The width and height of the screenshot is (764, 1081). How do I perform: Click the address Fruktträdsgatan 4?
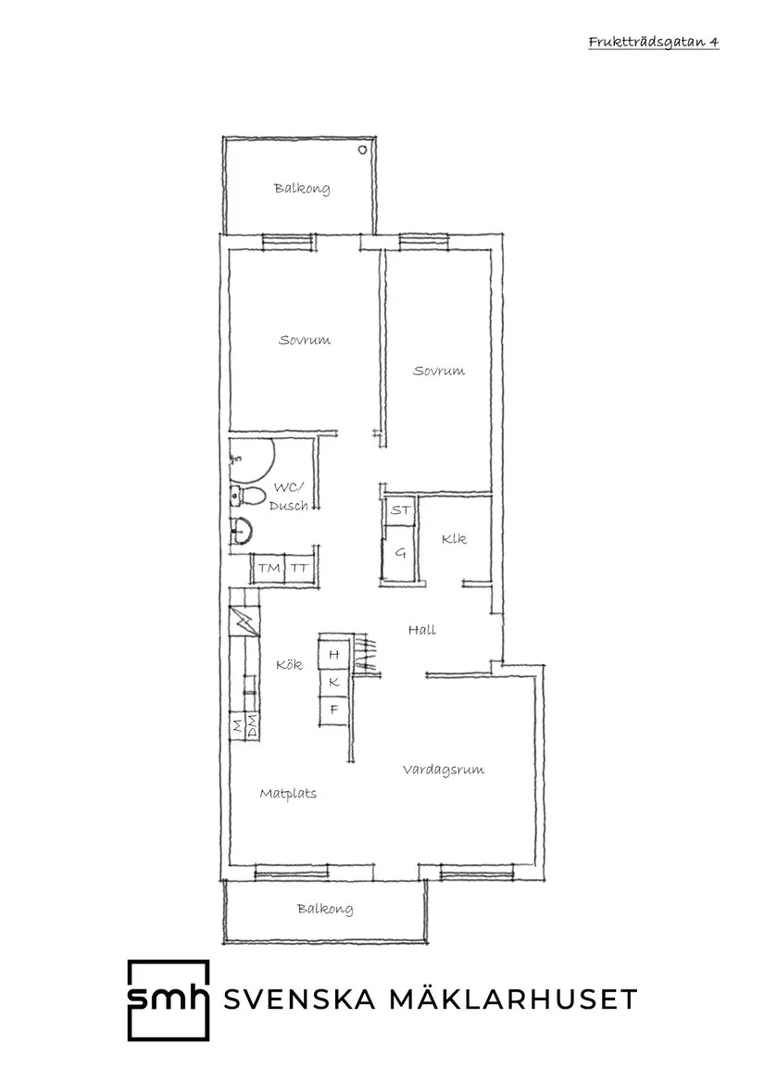(x=653, y=42)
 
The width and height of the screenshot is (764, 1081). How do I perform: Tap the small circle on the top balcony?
(x=363, y=149)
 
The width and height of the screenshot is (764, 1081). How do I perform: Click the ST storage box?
(x=400, y=510)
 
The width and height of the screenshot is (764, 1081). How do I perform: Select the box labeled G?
(x=400, y=553)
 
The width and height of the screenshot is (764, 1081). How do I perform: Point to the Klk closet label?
(x=454, y=539)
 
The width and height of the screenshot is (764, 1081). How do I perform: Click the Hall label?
(x=422, y=630)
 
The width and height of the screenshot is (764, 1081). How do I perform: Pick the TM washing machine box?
(x=269, y=568)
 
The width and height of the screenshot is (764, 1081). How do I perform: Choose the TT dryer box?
(x=299, y=568)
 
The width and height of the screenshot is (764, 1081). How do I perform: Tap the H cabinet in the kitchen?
(x=334, y=655)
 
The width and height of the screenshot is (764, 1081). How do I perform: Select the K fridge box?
(x=334, y=683)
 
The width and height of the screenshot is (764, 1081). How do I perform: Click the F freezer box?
(x=334, y=710)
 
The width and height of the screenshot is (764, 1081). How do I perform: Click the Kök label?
(x=289, y=664)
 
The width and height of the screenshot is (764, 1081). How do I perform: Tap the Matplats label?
(x=288, y=794)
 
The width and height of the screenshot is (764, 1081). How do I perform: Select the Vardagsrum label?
(x=444, y=770)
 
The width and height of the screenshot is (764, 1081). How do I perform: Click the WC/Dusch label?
(x=288, y=497)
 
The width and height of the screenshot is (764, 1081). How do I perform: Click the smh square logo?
(x=168, y=999)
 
